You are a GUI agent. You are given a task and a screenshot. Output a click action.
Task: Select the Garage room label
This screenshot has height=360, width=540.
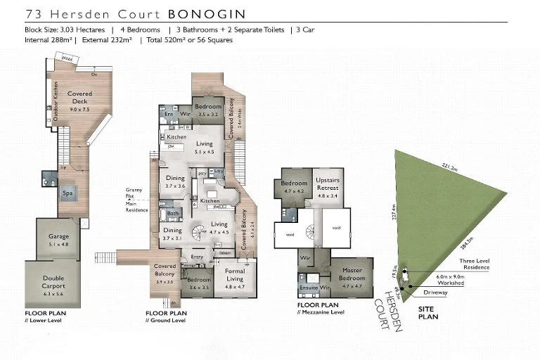click(58, 237)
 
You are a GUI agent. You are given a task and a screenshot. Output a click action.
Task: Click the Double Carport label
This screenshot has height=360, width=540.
click(53, 282)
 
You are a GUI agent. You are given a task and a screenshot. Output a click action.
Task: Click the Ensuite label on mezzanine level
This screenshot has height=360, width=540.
click(307, 288)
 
